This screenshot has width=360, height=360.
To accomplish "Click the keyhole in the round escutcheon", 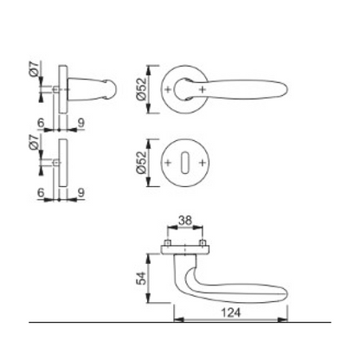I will point(183,162).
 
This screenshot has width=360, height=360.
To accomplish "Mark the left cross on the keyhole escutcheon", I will point(166,162).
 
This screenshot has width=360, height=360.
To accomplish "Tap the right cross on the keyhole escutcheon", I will point(201,162).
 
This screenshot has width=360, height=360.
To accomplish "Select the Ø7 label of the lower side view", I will point(33,151).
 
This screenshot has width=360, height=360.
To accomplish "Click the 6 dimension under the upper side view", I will point(42,124).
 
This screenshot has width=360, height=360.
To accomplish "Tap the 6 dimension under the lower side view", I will point(42,195).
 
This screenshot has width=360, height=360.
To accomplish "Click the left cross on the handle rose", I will point(166,90).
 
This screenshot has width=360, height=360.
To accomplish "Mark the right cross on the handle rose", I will point(201,90).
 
